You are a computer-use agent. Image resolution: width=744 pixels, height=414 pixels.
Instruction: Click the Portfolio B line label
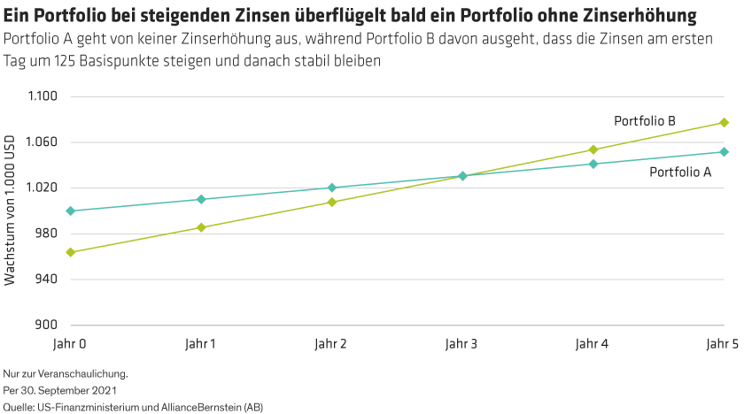[645, 119]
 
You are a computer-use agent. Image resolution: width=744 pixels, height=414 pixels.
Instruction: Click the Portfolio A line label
[680, 172]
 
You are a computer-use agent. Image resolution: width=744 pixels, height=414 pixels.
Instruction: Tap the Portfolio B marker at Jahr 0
[71, 252]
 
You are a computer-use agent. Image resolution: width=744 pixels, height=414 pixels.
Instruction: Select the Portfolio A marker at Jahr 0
[71, 211]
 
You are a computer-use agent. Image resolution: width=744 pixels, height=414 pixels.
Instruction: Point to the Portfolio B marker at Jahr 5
[724, 122]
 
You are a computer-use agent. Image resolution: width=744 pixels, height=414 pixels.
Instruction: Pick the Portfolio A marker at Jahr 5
[724, 151]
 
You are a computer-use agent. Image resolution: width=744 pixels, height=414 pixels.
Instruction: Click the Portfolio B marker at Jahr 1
[201, 227]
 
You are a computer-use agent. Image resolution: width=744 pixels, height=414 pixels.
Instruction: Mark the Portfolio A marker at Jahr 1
[201, 199]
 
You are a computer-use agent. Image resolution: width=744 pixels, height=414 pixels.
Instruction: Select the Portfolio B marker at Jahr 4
[593, 149]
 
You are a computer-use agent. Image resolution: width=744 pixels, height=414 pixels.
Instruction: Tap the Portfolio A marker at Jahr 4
[593, 164]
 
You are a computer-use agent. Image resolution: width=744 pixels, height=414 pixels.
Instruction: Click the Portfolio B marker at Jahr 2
[332, 202]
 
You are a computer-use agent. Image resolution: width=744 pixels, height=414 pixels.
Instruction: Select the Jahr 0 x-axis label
[70, 342]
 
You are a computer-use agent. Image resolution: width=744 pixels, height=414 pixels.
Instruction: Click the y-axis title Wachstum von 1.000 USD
[11, 211]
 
